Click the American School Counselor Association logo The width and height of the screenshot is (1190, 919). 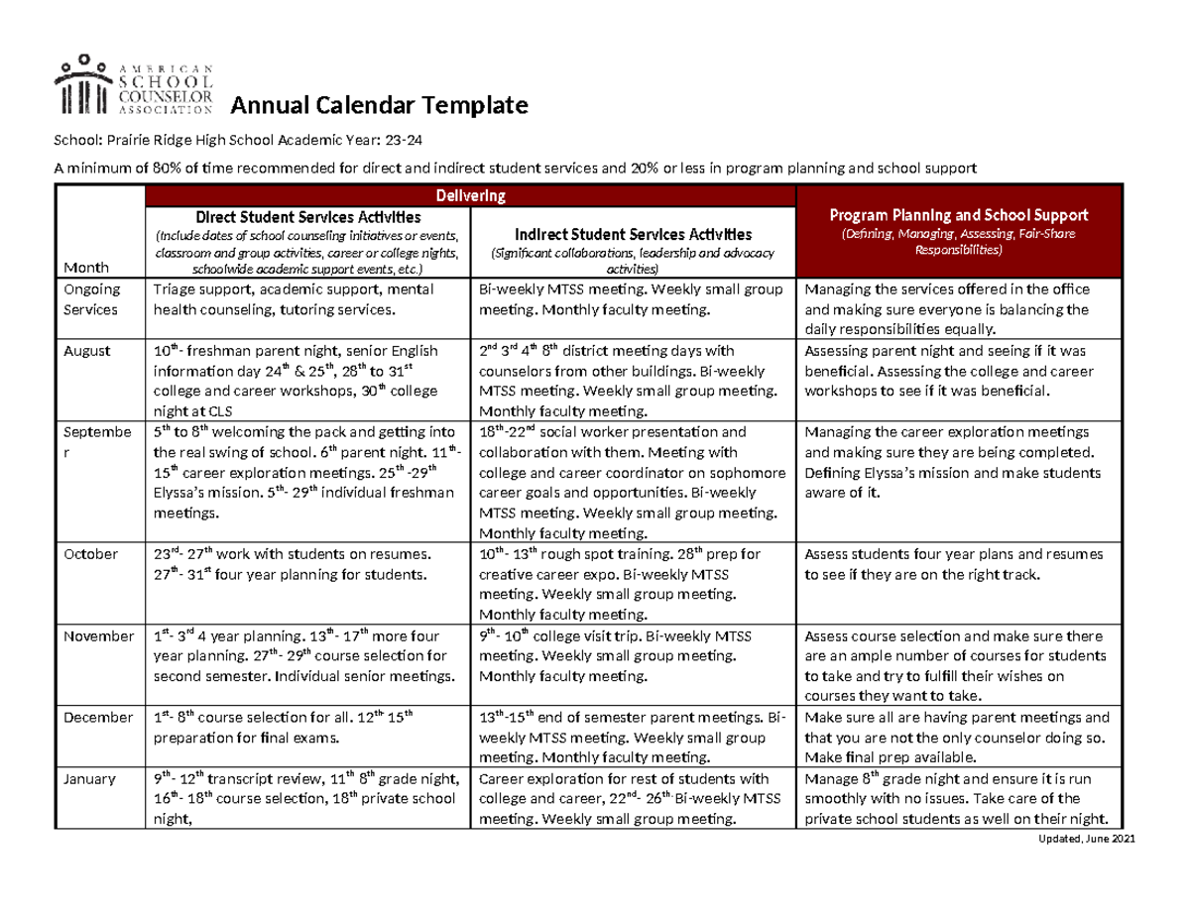135,83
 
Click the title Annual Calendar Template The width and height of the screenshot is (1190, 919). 380,105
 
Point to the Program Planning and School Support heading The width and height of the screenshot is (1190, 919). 958,215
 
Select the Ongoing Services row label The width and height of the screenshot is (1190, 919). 90,298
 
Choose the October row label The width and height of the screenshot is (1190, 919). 90,553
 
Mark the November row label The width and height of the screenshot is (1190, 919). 97,635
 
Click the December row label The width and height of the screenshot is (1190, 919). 96,717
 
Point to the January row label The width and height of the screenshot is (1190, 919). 89,778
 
